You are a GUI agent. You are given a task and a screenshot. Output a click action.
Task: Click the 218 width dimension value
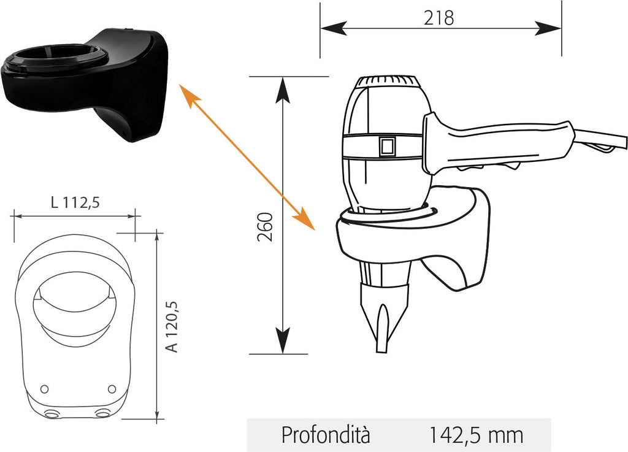point(438,18)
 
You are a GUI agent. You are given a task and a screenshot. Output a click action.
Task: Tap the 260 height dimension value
point(265,226)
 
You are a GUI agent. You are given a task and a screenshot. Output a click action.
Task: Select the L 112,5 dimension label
point(75,202)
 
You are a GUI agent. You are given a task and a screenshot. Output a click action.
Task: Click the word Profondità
point(326,435)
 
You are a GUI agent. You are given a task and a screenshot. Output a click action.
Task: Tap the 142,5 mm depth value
point(476,435)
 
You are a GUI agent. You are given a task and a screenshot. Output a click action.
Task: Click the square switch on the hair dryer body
point(387,147)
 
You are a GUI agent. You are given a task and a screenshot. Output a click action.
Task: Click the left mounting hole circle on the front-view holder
point(45,389)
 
